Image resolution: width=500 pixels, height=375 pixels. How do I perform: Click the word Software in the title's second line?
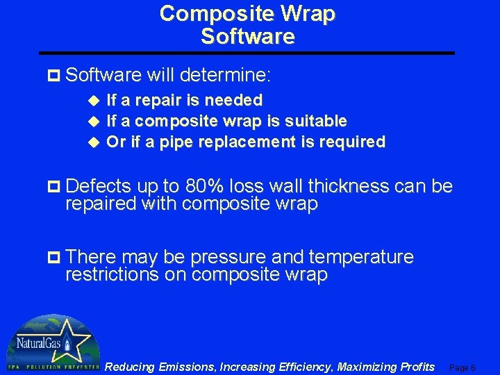point(248,36)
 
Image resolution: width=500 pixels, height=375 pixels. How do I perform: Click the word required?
point(353,142)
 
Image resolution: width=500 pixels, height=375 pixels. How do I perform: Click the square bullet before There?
point(57,258)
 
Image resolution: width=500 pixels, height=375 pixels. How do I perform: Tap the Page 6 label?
point(462,367)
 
